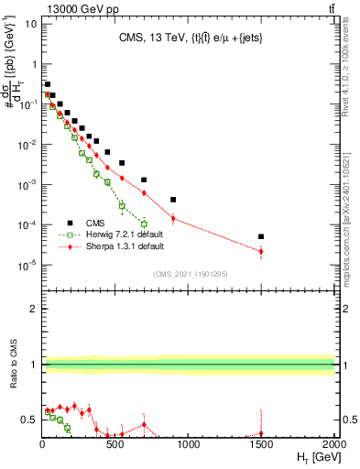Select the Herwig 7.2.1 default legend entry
(116, 234)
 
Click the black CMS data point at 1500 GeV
(261, 236)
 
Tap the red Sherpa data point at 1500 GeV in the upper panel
(261, 251)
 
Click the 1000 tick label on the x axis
(188, 444)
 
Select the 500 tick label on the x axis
(115, 444)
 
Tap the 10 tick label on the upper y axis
(31, 24)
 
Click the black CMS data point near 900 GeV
(173, 199)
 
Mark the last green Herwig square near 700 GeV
(144, 224)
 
